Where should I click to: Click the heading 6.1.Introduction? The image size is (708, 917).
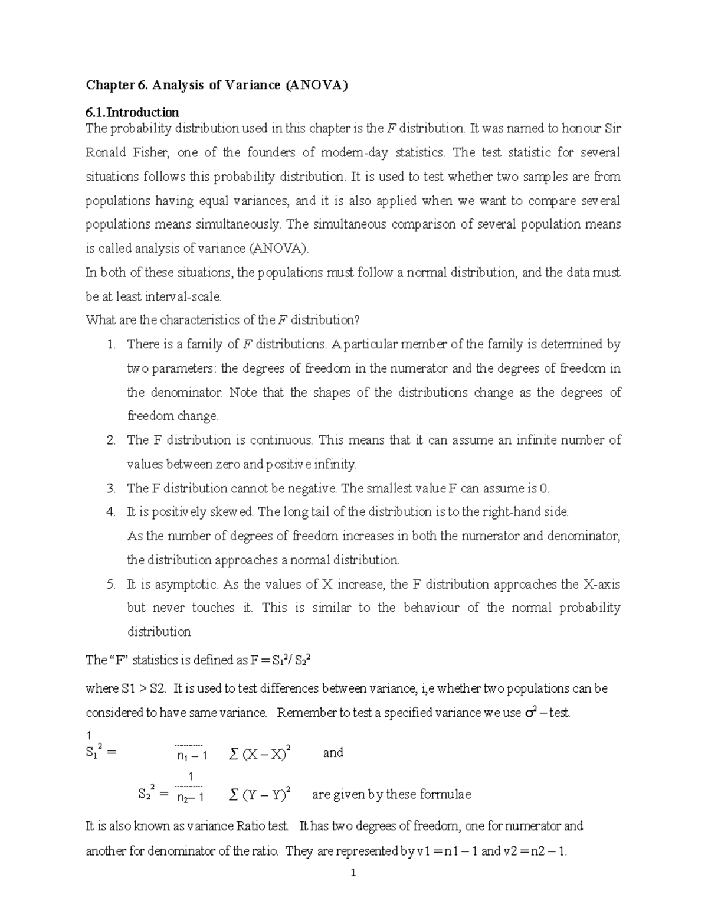click(132, 112)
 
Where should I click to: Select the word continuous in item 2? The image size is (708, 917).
click(283, 440)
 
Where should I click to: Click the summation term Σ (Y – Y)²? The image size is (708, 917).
click(260, 795)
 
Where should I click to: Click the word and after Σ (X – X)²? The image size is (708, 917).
click(333, 753)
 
